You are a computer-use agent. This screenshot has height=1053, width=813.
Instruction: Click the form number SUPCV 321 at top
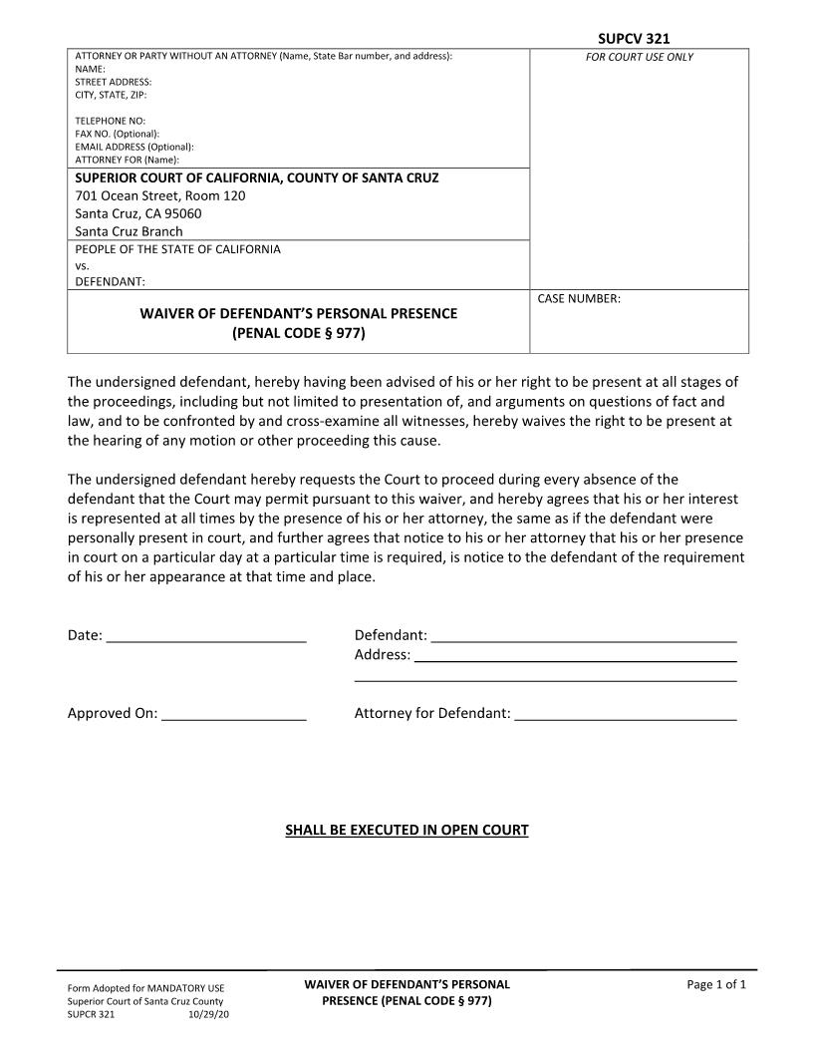(x=634, y=39)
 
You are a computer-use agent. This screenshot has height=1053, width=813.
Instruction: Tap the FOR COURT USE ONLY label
(x=640, y=57)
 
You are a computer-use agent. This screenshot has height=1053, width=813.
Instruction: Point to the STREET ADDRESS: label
(x=114, y=82)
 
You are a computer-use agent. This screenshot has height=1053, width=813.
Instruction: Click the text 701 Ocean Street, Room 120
(x=160, y=195)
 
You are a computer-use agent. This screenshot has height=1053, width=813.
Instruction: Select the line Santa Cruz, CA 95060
(x=138, y=213)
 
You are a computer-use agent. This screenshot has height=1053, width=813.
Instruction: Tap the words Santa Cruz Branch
(x=130, y=231)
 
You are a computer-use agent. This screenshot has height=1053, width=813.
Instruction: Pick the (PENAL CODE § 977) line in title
(x=299, y=333)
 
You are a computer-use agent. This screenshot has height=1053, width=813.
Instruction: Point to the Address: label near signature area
(x=382, y=655)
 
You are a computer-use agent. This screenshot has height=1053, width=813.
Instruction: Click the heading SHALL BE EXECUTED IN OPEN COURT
(x=406, y=830)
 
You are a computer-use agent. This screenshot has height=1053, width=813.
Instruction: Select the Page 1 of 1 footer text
(x=716, y=985)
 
